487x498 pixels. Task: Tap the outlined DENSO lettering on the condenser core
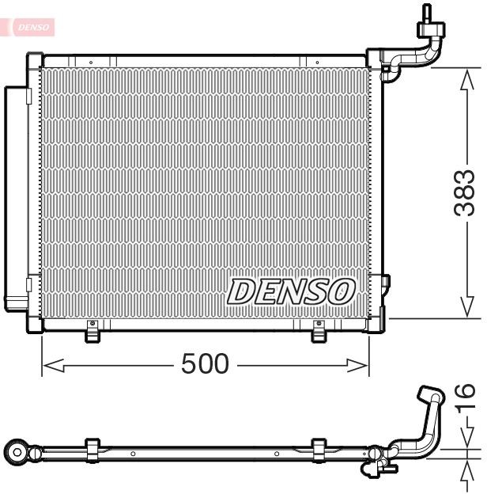[290, 291]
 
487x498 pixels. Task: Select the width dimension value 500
[205, 364]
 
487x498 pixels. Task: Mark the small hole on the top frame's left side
[91, 61]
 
